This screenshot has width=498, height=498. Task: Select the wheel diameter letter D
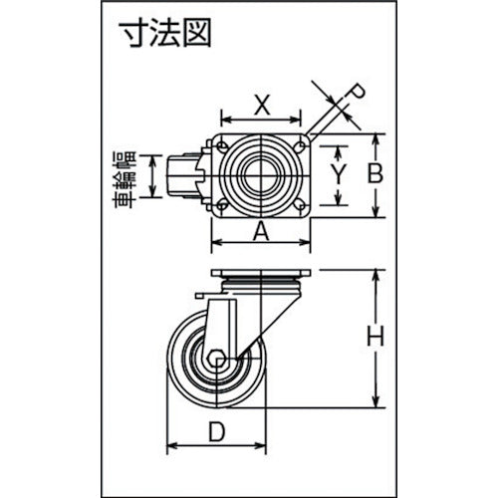[217, 433]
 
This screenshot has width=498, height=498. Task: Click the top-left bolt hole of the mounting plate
[220, 145]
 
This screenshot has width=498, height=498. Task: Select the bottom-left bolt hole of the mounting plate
[220, 207]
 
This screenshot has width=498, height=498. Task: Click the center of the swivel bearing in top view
[262, 176]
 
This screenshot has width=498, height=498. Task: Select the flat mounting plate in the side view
[262, 274]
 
